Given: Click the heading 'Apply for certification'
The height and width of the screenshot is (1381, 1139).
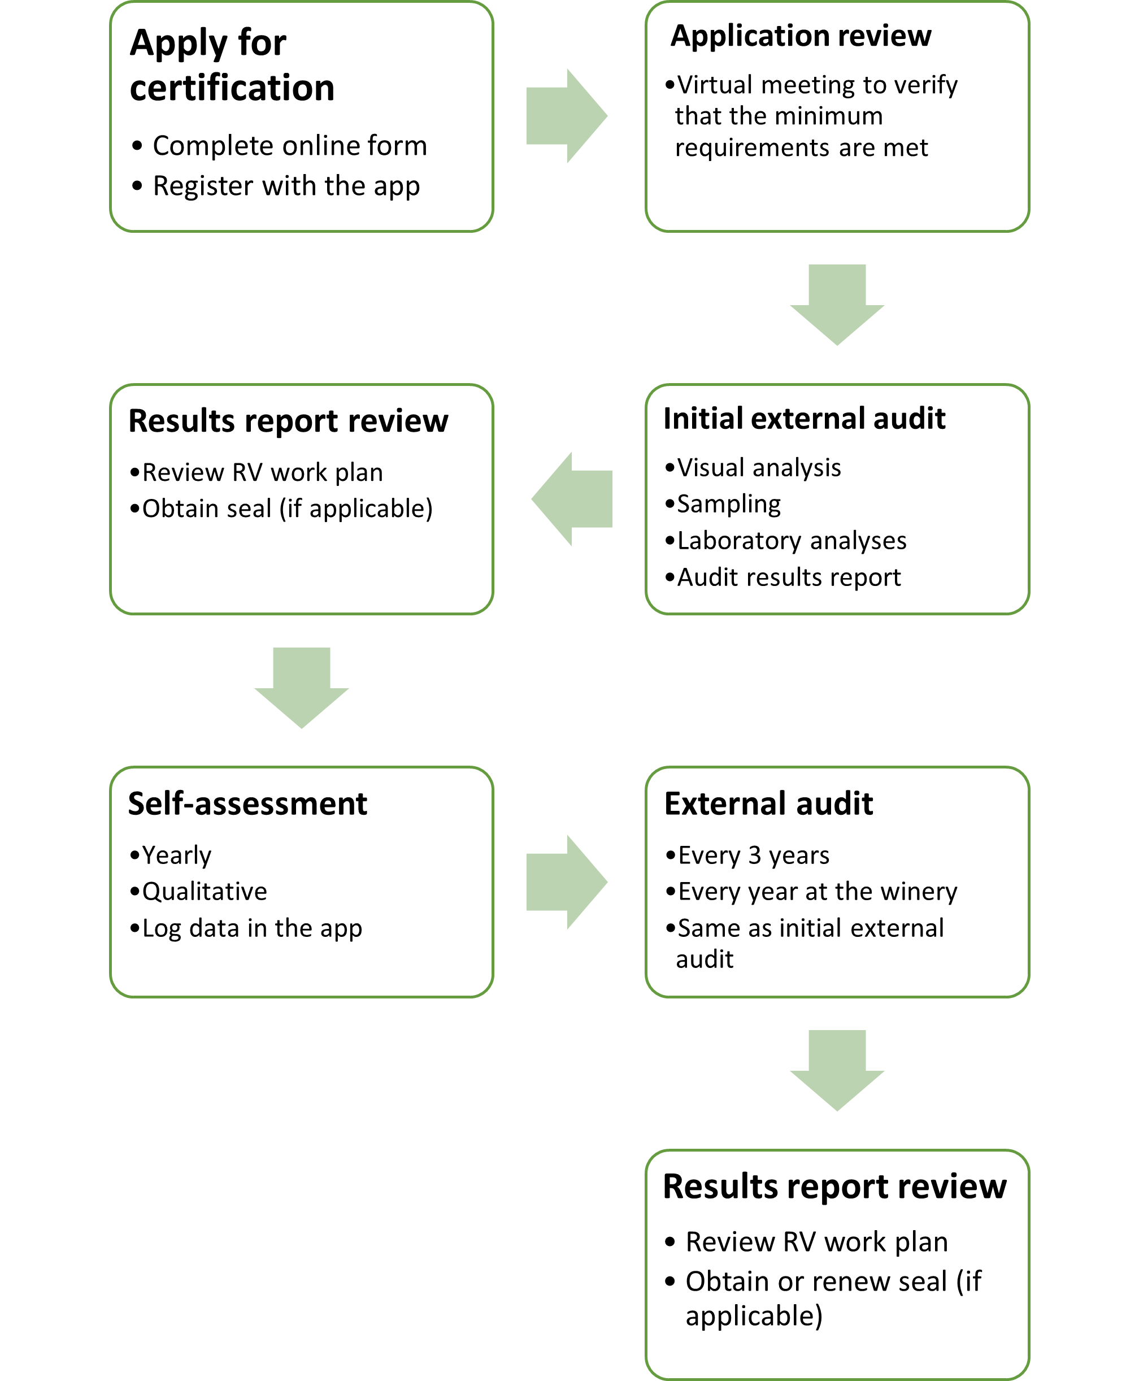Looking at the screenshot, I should coord(232,65).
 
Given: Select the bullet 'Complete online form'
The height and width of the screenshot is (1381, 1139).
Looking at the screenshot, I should coord(289,146).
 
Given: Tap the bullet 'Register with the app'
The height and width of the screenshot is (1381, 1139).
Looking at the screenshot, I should coord(286,186).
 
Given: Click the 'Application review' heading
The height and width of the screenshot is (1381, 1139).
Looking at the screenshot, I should coord(801,36).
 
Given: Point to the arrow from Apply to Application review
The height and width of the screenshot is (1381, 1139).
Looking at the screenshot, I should coord(566,116).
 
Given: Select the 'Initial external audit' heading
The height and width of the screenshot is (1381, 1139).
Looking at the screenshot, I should coord(805,419).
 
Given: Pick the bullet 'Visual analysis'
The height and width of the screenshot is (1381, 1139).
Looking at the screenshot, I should coord(758,468).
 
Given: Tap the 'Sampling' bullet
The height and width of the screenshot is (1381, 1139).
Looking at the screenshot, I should coord(728,504).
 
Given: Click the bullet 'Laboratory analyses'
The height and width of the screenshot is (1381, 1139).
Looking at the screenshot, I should coord(792,541).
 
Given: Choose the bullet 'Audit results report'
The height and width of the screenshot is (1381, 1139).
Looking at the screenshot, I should coord(789,577).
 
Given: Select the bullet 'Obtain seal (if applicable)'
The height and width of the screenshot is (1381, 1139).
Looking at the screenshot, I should coord(288,509).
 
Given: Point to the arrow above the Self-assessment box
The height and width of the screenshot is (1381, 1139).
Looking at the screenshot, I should coord(301,687).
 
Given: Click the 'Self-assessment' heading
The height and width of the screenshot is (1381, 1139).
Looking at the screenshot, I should coord(247,804).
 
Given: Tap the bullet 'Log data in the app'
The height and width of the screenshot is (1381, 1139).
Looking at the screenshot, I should coord(252,928).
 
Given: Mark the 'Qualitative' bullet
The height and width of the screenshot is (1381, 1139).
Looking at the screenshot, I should coord(205,892).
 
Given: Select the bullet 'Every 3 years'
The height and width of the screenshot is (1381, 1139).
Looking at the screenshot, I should coord(753,855).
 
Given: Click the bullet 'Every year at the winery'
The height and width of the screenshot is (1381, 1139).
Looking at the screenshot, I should coord(818,892).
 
